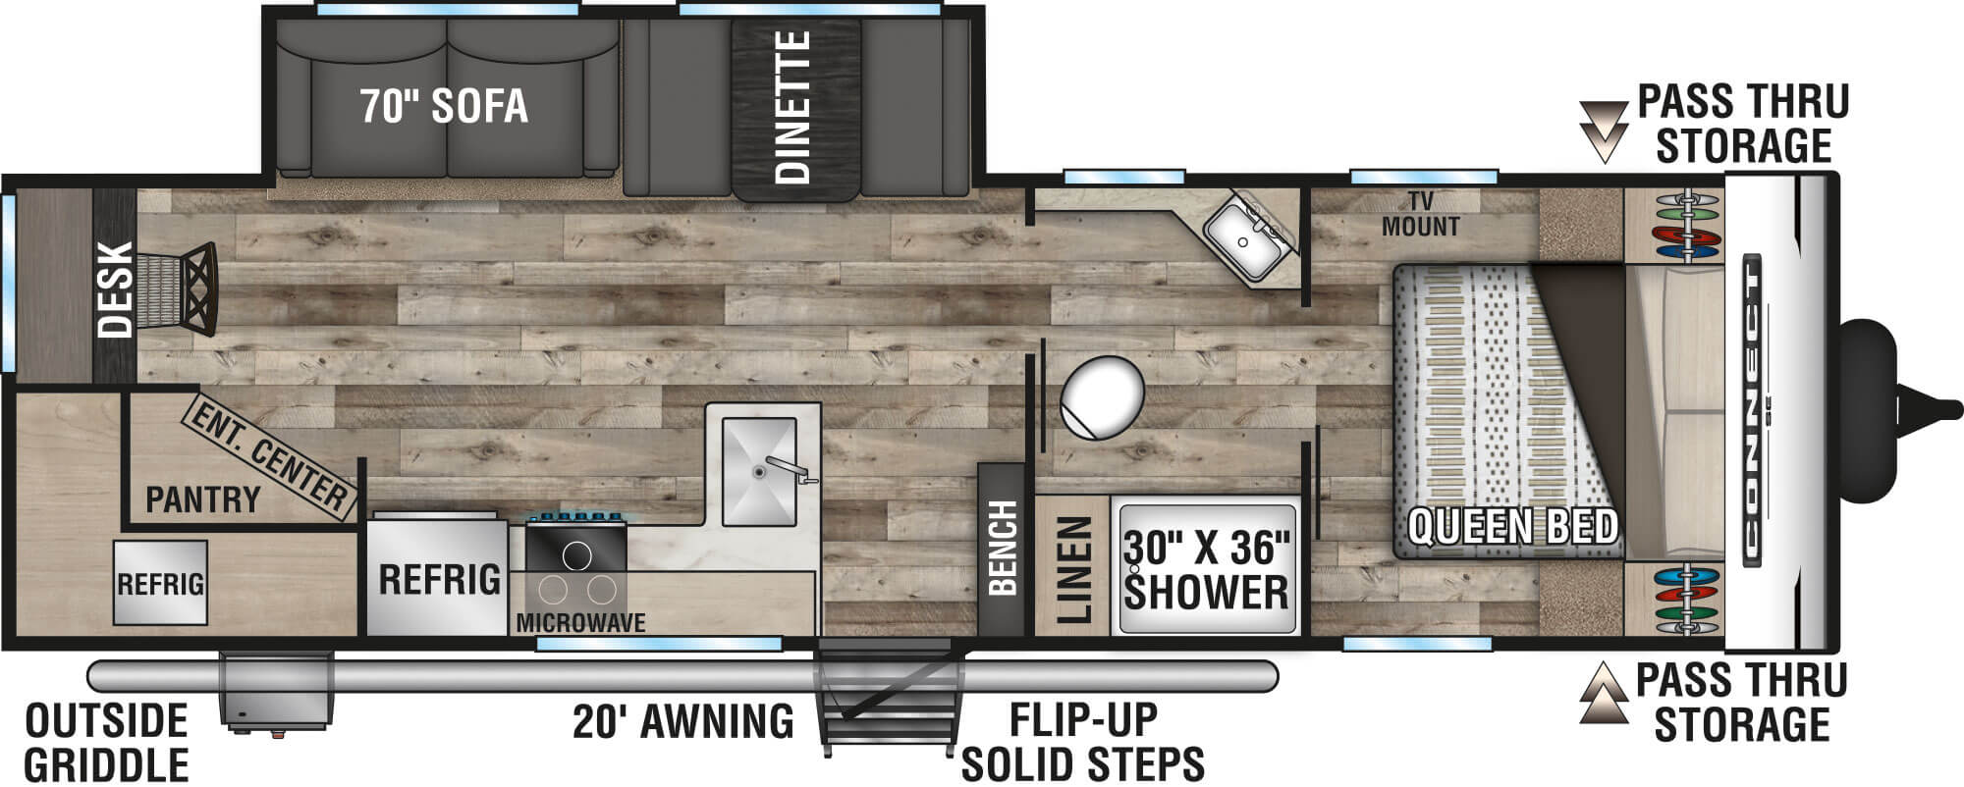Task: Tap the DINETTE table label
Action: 793,108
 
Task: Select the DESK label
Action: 115,289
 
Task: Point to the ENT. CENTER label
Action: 268,456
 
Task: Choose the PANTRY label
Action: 202,499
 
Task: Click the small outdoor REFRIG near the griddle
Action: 160,584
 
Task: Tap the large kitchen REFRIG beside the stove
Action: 439,579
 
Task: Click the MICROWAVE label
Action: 580,622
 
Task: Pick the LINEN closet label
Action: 1073,570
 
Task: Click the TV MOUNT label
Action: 1420,214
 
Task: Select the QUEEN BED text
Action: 1512,527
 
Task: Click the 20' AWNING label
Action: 683,721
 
